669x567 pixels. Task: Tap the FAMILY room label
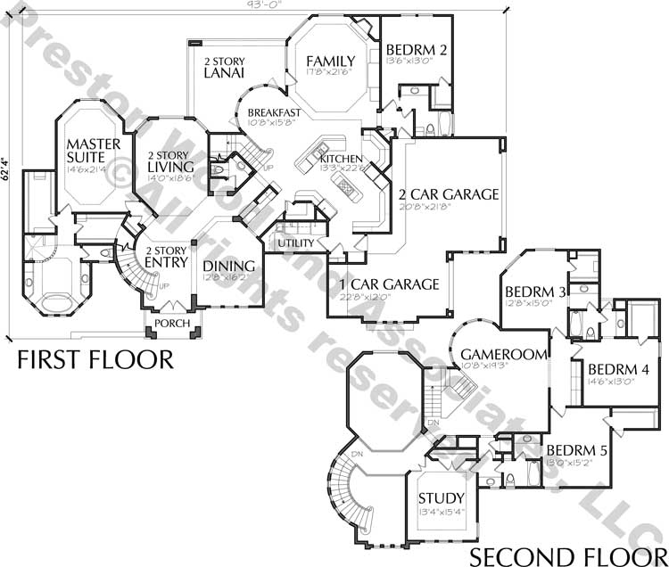330,62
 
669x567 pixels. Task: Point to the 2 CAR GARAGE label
448,194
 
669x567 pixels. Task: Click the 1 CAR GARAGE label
389,284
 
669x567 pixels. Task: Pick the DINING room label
229,266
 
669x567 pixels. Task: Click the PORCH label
171,323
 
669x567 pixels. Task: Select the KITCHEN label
342,159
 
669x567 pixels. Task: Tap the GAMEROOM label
503,355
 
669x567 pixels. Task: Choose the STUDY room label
441,497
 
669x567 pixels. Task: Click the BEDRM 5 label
576,450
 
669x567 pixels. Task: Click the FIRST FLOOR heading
95,359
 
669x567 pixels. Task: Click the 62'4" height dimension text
6,169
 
